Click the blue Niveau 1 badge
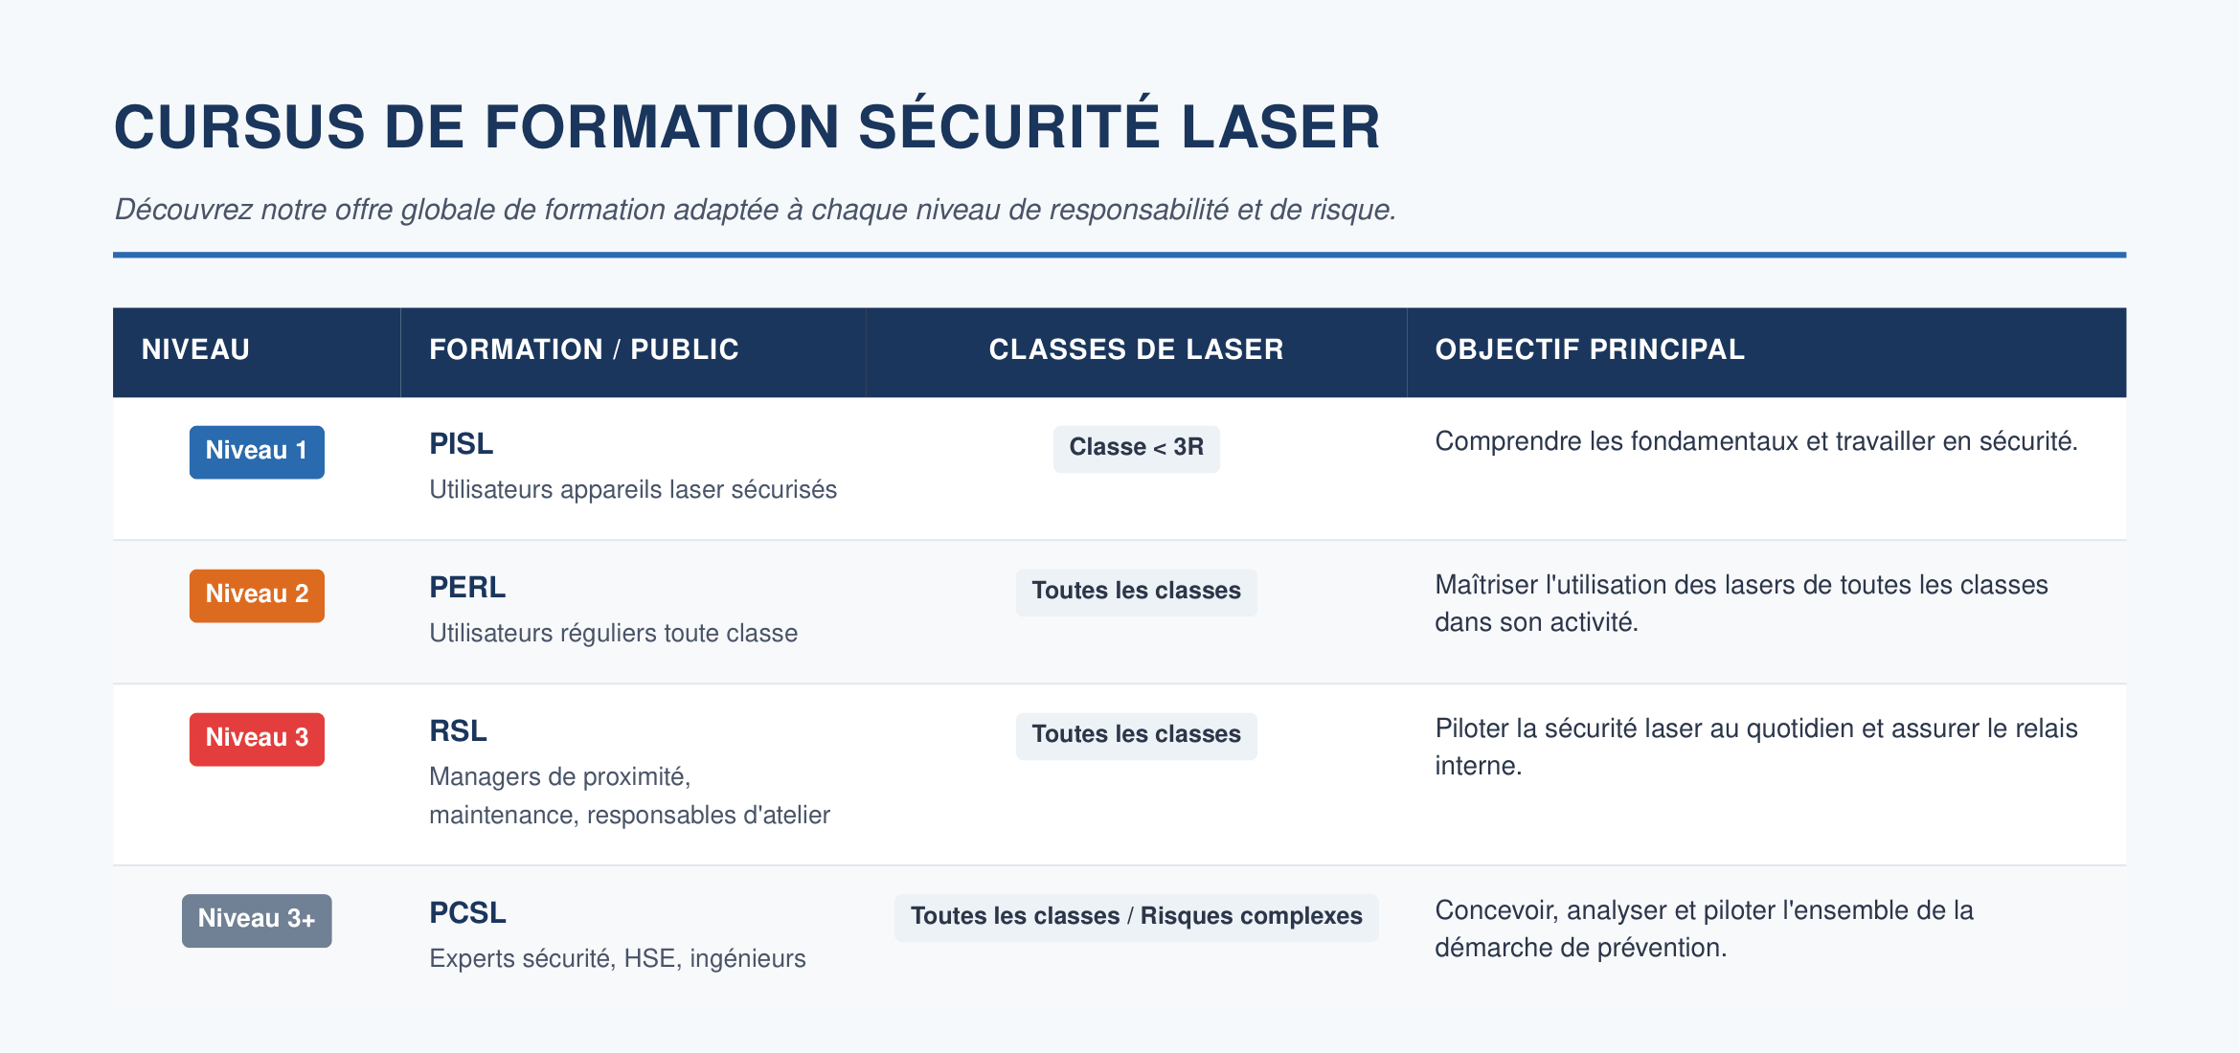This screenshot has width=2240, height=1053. [257, 452]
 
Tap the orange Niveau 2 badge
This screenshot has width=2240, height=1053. [257, 595]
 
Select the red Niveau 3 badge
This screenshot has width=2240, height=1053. [257, 739]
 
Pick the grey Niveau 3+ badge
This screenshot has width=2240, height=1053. [257, 921]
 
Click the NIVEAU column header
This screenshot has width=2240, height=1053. [195, 349]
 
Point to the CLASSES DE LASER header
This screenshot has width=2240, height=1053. [1136, 349]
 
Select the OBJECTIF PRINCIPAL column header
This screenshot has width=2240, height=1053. [1590, 349]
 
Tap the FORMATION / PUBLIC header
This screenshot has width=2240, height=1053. [584, 349]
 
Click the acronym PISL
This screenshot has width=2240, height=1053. [462, 444]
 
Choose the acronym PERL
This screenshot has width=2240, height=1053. [467, 588]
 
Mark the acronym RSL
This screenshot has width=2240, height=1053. [458, 731]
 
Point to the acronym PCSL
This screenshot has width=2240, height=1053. [467, 913]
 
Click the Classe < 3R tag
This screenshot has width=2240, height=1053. [1137, 449]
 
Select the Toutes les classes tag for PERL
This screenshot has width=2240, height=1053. [1137, 593]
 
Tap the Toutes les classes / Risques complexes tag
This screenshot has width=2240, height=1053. [1137, 918]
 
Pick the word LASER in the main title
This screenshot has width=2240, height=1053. [1280, 126]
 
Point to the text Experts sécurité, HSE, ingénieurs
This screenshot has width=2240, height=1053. [618, 958]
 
